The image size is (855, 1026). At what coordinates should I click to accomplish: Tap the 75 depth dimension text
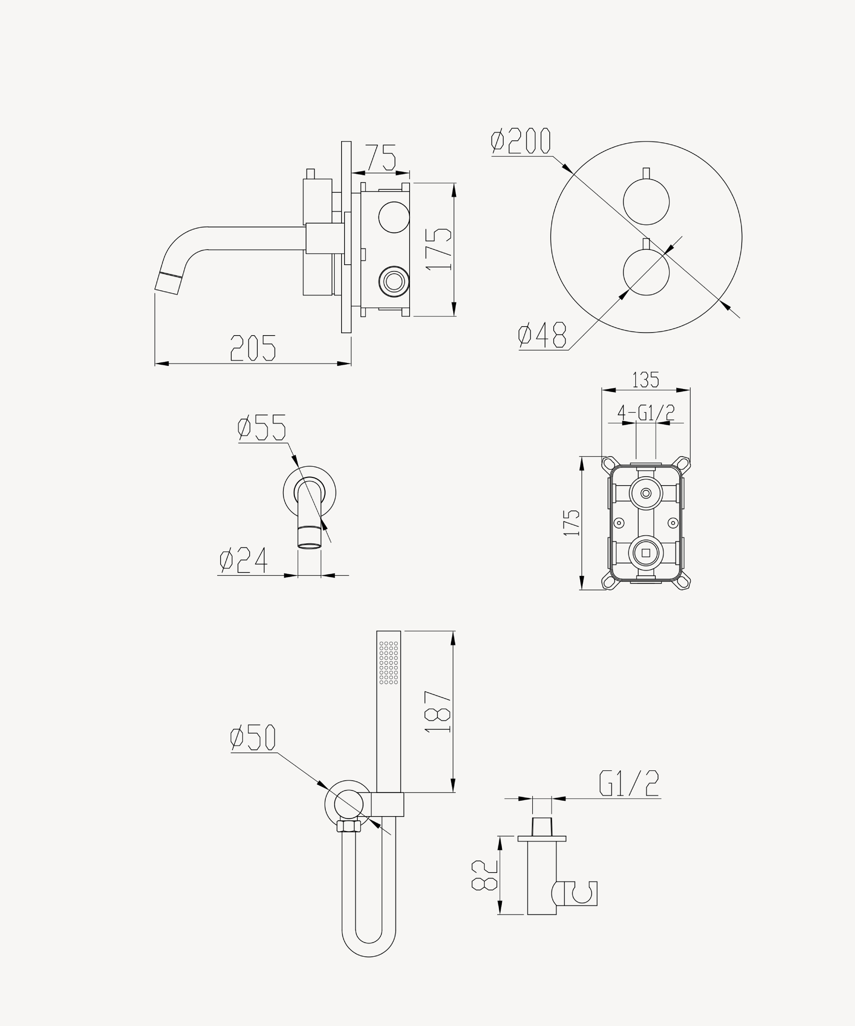pyautogui.click(x=380, y=157)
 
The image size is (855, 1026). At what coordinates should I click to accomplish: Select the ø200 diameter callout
pyautogui.click(x=521, y=141)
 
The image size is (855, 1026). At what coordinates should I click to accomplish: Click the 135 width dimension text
pyautogui.click(x=646, y=380)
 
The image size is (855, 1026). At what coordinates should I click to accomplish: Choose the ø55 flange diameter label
pyautogui.click(x=261, y=427)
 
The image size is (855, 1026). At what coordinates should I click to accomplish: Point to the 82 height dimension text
pyautogui.click(x=484, y=875)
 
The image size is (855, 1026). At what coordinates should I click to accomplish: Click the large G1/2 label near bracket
pyautogui.click(x=629, y=783)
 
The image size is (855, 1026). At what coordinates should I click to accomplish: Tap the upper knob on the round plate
pyautogui.click(x=646, y=202)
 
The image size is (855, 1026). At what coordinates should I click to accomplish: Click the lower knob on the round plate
pyautogui.click(x=646, y=272)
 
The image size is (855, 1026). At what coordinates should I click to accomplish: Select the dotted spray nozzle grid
pyautogui.click(x=389, y=663)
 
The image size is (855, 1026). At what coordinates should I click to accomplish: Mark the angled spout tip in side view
pyautogui.click(x=168, y=283)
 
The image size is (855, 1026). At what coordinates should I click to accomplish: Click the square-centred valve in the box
pyautogui.click(x=646, y=553)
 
